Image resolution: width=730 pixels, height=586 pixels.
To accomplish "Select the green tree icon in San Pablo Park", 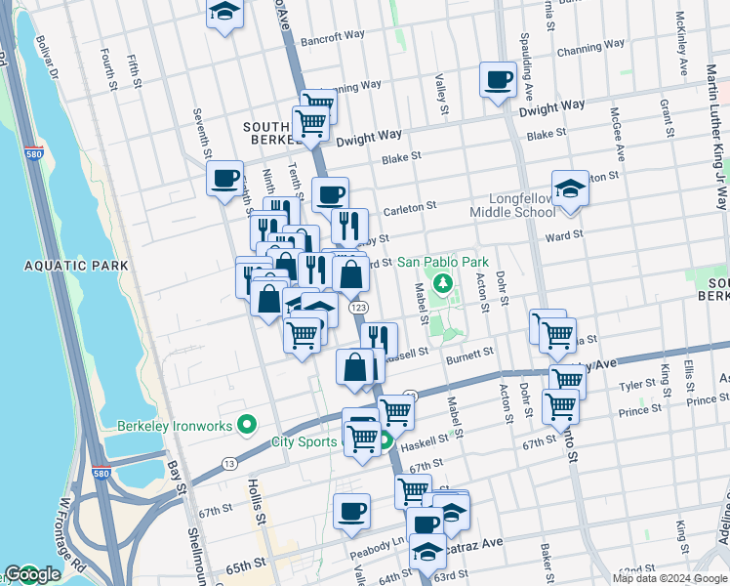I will (x=442, y=283).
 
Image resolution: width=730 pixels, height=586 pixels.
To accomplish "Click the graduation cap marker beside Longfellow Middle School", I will (x=569, y=189).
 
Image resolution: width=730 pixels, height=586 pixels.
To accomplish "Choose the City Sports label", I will (x=304, y=442).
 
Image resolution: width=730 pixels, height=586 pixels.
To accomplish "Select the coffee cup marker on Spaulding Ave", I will (x=498, y=80).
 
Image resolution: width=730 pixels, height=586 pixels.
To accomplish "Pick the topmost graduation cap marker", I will (x=225, y=13).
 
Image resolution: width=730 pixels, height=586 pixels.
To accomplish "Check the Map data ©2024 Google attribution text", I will (x=669, y=578).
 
